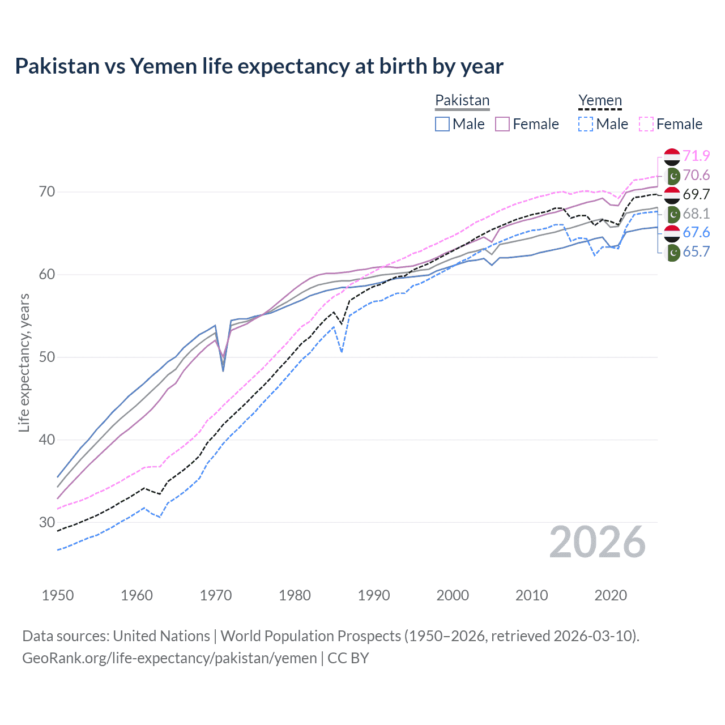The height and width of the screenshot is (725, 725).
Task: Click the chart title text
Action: click(x=259, y=66)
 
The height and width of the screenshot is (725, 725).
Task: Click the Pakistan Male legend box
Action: click(x=442, y=124)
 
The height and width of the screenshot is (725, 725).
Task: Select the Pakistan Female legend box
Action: click(x=502, y=124)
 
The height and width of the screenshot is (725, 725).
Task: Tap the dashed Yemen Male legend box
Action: click(x=586, y=124)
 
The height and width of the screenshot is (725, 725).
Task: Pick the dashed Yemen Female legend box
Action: click(x=646, y=124)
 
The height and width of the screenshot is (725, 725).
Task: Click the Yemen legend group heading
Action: click(x=600, y=101)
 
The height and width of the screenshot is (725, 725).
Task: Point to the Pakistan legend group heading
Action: click(x=462, y=101)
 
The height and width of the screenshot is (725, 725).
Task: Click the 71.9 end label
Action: click(x=696, y=156)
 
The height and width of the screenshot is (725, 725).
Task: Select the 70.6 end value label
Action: click(x=696, y=175)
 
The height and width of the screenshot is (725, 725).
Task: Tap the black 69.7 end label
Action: click(x=696, y=194)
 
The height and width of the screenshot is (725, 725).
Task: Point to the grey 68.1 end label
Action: click(x=696, y=214)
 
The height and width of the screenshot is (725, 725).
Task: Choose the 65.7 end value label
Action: click(x=696, y=251)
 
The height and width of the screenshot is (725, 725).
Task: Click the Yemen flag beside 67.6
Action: click(x=672, y=233)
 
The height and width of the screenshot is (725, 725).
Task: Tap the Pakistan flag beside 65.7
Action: click(x=673, y=252)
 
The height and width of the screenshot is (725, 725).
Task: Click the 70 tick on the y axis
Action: click(x=47, y=192)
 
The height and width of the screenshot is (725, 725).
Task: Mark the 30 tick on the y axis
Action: click(x=47, y=522)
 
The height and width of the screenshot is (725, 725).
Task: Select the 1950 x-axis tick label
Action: click(x=58, y=595)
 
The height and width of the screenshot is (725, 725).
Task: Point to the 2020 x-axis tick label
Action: click(x=611, y=595)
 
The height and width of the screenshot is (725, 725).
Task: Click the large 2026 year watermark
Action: click(x=598, y=542)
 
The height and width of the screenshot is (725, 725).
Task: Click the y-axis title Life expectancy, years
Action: click(x=24, y=362)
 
